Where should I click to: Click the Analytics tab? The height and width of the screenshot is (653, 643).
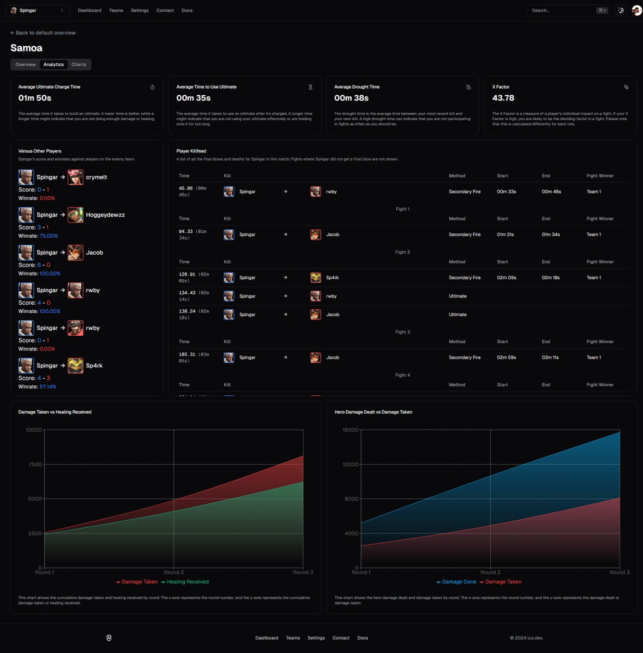click(53, 65)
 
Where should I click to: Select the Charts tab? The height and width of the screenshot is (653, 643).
click(79, 65)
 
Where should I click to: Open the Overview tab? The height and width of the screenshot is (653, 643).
click(26, 65)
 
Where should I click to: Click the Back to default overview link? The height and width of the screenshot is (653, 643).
click(43, 33)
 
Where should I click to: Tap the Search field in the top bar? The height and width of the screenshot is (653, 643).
click(563, 10)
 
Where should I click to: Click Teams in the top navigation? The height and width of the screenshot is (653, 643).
click(116, 10)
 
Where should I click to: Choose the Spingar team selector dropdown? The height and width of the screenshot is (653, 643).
click(38, 10)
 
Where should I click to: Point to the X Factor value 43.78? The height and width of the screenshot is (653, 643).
click(503, 98)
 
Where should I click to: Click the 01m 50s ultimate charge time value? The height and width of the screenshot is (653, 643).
click(35, 98)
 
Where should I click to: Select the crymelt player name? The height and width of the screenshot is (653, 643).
click(96, 177)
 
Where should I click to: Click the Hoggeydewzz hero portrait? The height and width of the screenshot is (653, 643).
click(76, 215)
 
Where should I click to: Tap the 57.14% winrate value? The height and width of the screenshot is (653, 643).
click(48, 387)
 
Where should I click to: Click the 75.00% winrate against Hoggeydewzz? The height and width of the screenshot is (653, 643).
click(48, 236)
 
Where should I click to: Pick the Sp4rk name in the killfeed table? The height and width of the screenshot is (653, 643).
click(332, 278)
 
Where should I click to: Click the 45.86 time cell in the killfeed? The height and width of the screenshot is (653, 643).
click(186, 188)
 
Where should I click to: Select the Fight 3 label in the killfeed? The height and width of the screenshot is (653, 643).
click(402, 332)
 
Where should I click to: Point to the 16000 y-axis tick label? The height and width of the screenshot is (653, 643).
click(351, 430)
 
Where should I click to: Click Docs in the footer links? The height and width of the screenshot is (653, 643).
click(363, 638)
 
